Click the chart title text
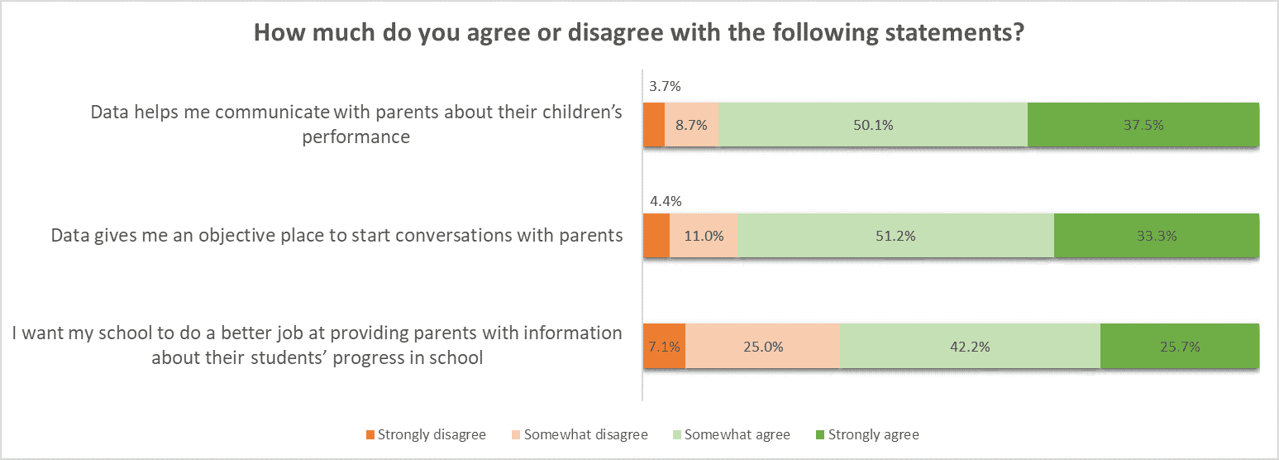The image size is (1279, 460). tap(639, 34)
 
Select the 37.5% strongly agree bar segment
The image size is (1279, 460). tap(1143, 125)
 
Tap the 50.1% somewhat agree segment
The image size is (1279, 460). tap(873, 125)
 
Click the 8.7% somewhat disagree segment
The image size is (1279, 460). tap(692, 125)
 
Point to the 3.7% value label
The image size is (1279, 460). tap(658, 86)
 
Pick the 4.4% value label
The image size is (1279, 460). tap(659, 201)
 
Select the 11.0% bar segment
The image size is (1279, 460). tap(703, 236)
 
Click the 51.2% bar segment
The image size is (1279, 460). tap(895, 236)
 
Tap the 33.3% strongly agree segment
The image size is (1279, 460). tap(1156, 236)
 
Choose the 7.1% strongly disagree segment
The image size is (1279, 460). tap(664, 347)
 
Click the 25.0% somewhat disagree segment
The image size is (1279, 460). tap(762, 347)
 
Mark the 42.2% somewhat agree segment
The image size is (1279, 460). tap(970, 347)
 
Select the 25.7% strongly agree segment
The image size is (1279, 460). tap(1180, 347)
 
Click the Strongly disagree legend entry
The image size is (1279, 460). tap(426, 434)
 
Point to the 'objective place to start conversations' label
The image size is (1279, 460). tap(336, 236)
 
